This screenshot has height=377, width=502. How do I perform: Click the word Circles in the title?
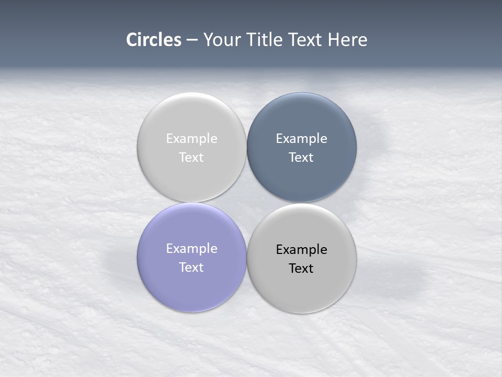tap(153, 40)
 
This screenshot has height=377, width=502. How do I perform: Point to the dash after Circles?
tap(192, 40)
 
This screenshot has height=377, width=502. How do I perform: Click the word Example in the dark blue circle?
tap(302, 139)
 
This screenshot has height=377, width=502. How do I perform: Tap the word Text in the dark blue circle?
tap(301, 158)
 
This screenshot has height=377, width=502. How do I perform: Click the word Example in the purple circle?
tap(191, 249)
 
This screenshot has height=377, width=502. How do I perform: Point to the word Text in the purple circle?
tap(191, 268)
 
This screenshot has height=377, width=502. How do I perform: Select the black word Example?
tap(302, 250)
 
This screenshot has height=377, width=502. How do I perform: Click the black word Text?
tap(301, 269)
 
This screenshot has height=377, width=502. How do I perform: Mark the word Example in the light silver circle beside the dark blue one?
tap(191, 139)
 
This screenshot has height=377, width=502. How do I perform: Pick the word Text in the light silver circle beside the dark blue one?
tap(191, 158)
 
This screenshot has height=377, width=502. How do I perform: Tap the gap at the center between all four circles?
tap(247, 203)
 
